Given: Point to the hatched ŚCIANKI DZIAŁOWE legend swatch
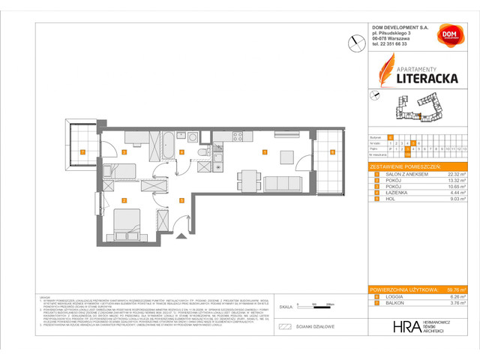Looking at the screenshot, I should pyautogui.click(x=284, y=327).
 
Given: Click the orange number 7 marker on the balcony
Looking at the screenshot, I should pyautogui.click(x=82, y=152).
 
